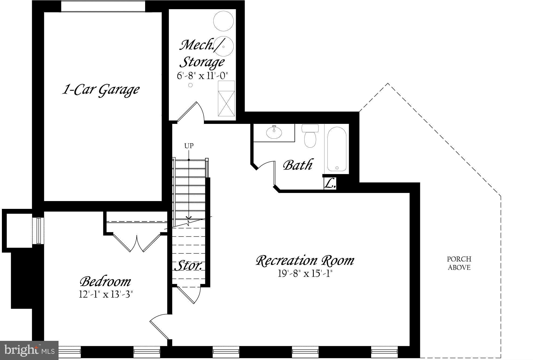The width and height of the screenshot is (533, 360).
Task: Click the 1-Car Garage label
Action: click(x=101, y=90)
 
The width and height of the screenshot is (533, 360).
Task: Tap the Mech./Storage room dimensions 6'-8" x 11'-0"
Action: click(x=202, y=76)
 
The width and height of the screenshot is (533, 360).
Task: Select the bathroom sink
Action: click(x=274, y=133)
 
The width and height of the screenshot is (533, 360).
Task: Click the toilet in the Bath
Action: click(x=310, y=136)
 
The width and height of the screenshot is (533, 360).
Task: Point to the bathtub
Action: click(x=337, y=149)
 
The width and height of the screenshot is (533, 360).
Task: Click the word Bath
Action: click(x=298, y=165)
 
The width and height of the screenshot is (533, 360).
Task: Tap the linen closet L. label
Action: click(x=330, y=184)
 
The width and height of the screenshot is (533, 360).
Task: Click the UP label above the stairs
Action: click(x=189, y=146)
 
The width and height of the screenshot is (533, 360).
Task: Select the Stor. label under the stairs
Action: click(x=189, y=266)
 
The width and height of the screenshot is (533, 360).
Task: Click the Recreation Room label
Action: click(x=305, y=260)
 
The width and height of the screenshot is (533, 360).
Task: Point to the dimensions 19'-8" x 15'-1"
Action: click(x=305, y=274)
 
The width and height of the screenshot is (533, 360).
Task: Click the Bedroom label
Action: click(x=105, y=281)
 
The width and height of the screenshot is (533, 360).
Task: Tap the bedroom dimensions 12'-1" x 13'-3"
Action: click(x=106, y=294)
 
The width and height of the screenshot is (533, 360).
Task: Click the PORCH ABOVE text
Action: click(x=459, y=263)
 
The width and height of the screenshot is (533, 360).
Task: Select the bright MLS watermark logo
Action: click(x=29, y=350)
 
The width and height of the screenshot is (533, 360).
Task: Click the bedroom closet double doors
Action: click(x=137, y=243)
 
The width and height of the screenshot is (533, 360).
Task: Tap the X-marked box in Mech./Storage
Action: click(x=226, y=103)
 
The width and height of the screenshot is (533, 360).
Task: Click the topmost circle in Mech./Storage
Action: click(x=223, y=21)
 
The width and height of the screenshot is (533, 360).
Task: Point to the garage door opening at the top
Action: click(x=103, y=6)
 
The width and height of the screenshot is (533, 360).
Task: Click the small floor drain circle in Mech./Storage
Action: click(x=190, y=85)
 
